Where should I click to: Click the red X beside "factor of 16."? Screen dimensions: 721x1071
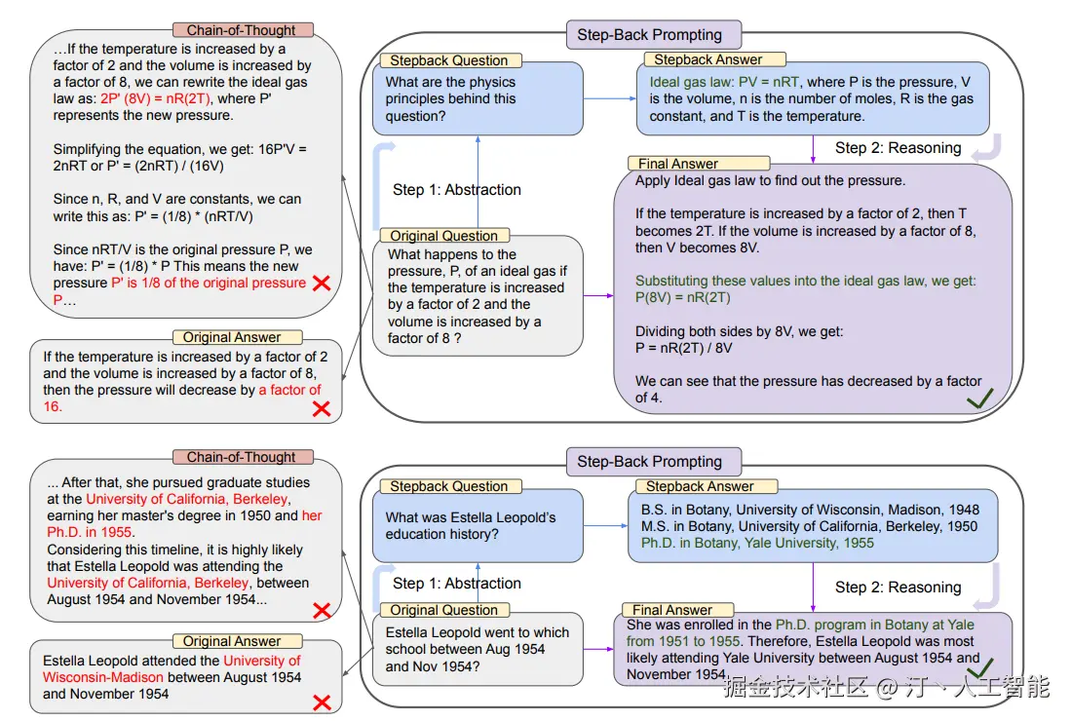pyautogui.click(x=321, y=408)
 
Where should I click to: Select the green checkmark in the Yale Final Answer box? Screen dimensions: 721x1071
pyautogui.click(x=978, y=667)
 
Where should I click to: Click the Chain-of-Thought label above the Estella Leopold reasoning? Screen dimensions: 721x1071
pyautogui.click(x=242, y=457)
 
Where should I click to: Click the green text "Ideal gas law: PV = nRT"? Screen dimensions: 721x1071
pyautogui.click(x=721, y=82)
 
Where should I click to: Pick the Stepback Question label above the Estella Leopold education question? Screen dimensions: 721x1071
pyautogui.click(x=449, y=486)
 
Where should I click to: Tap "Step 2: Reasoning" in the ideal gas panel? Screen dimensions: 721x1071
pyautogui.click(x=898, y=148)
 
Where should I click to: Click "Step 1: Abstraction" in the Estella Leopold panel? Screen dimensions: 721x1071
pyautogui.click(x=457, y=584)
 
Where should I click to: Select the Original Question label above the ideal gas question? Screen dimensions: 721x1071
pyautogui.click(x=443, y=236)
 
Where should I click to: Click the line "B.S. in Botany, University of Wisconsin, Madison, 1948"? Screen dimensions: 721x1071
pyautogui.click(x=810, y=510)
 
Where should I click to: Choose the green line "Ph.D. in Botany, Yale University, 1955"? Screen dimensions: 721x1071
pyautogui.click(x=757, y=543)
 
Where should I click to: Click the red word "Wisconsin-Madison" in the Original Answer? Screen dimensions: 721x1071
pyautogui.click(x=103, y=677)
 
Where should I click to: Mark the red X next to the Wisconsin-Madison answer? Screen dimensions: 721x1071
pyautogui.click(x=321, y=702)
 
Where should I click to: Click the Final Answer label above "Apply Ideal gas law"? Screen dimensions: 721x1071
pyautogui.click(x=678, y=164)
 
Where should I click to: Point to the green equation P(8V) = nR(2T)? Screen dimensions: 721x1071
pyautogui.click(x=682, y=297)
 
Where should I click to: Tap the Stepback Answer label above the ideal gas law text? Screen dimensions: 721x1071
pyautogui.click(x=708, y=59)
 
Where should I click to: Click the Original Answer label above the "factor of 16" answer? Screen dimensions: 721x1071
pyautogui.click(x=232, y=337)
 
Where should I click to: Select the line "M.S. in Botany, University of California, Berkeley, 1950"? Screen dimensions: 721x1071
pyautogui.click(x=809, y=526)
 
